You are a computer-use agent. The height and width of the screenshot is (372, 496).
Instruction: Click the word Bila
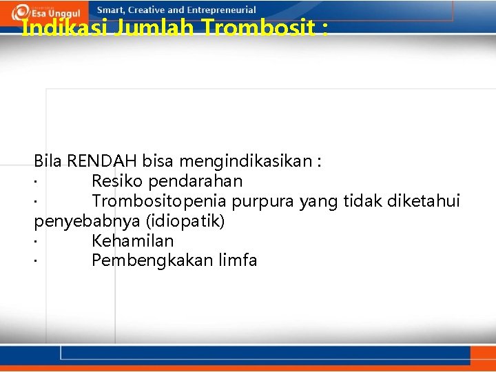pyautogui.click(x=48, y=161)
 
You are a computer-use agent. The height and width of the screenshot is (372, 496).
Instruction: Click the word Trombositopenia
pyautogui.click(x=159, y=201)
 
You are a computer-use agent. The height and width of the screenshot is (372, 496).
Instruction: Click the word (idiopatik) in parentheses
pyautogui.click(x=183, y=221)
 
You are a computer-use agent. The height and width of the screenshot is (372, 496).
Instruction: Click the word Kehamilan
pyautogui.click(x=132, y=241)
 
